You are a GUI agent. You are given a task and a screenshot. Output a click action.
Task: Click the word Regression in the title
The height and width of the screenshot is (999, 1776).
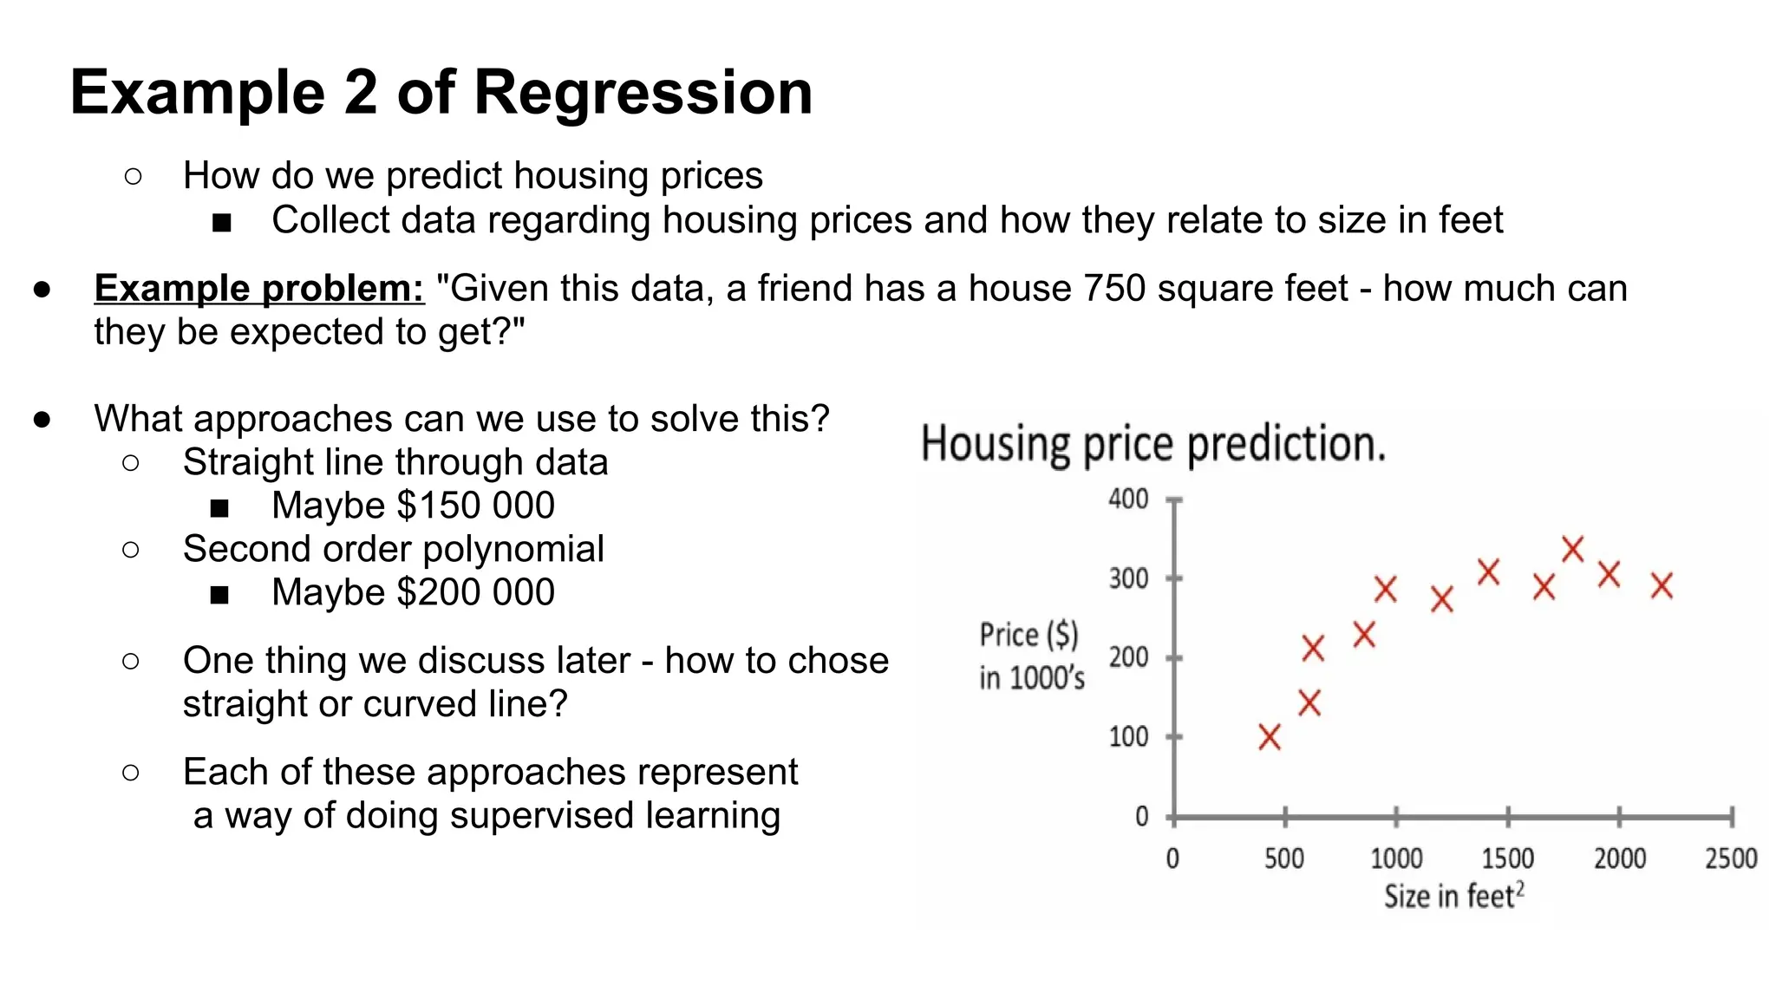(643, 92)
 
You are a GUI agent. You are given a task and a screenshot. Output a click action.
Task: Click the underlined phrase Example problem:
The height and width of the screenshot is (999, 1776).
(259, 288)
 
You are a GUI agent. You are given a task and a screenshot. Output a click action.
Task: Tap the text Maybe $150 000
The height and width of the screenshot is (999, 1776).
(413, 506)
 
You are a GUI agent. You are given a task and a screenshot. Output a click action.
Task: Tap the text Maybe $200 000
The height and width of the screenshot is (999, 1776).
(413, 592)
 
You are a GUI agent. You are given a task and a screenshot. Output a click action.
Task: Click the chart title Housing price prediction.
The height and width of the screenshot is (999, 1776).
(1152, 444)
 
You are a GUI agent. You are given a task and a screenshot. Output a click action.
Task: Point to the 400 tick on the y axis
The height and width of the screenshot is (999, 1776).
(1128, 499)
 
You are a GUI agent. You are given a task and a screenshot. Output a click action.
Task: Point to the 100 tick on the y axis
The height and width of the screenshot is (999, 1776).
(1128, 737)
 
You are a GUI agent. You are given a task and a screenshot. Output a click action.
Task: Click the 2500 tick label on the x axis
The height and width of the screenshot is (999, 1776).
(1730, 859)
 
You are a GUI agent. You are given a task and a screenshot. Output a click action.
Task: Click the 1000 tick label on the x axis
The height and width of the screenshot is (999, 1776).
(1395, 859)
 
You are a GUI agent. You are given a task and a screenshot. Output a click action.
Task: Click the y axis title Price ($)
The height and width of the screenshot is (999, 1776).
(1028, 635)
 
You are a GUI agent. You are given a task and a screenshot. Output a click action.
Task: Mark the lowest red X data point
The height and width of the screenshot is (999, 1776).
(1270, 737)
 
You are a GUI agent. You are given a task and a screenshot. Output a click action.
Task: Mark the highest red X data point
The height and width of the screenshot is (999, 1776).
(1572, 548)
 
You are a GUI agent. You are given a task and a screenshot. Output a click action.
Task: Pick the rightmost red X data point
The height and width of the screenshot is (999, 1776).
(1662, 585)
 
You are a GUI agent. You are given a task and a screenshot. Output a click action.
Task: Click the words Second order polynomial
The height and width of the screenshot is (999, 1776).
(393, 549)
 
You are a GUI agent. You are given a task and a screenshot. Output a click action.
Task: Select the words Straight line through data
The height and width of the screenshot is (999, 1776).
(395, 462)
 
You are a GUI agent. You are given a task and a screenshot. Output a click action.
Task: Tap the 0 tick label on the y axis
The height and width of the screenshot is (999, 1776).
(1141, 816)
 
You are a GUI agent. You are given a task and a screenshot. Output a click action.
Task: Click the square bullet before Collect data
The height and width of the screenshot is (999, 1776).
(222, 223)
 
